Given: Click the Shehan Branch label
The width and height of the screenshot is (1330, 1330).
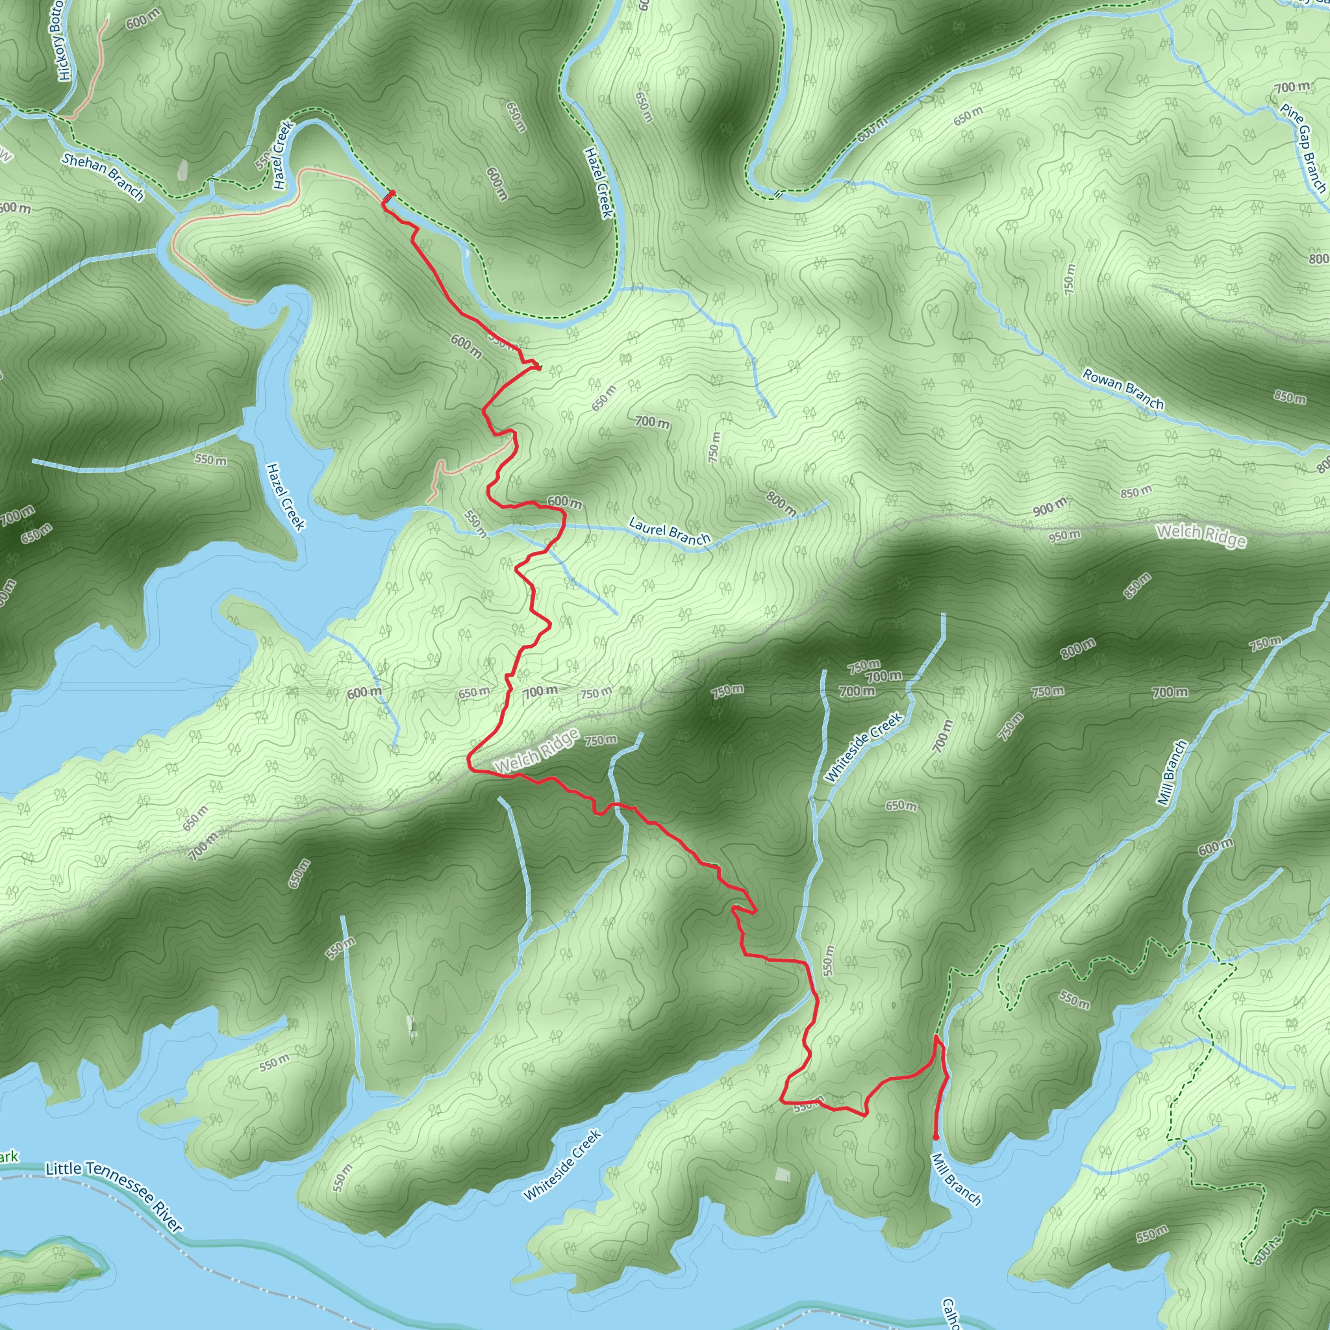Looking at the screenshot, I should pyautogui.click(x=103, y=177).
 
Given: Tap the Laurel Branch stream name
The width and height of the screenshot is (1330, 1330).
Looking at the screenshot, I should pyautogui.click(x=669, y=532).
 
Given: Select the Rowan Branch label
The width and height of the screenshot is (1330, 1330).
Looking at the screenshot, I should pyautogui.click(x=1122, y=389).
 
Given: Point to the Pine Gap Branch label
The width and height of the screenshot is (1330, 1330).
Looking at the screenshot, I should pyautogui.click(x=1303, y=147).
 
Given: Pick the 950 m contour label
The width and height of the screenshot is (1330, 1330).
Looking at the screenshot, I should pyautogui.click(x=1065, y=536).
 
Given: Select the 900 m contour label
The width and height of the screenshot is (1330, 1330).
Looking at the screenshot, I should pyautogui.click(x=1049, y=508).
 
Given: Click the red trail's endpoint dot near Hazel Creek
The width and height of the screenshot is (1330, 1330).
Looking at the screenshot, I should pyautogui.click(x=392, y=193).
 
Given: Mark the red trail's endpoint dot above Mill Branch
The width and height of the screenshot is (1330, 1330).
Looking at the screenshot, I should pyautogui.click(x=935, y=1136).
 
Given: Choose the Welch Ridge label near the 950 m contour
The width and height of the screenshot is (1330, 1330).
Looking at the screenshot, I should pyautogui.click(x=1201, y=535).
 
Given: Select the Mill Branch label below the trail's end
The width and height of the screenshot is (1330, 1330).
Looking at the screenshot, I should pyautogui.click(x=955, y=1179).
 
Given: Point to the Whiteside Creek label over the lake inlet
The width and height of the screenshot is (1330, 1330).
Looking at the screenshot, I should pyautogui.click(x=562, y=1165).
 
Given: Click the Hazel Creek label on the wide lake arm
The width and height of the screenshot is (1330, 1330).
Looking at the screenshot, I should pyautogui.click(x=285, y=496).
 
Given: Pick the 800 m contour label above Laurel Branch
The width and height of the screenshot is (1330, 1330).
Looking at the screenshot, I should pyautogui.click(x=781, y=505).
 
